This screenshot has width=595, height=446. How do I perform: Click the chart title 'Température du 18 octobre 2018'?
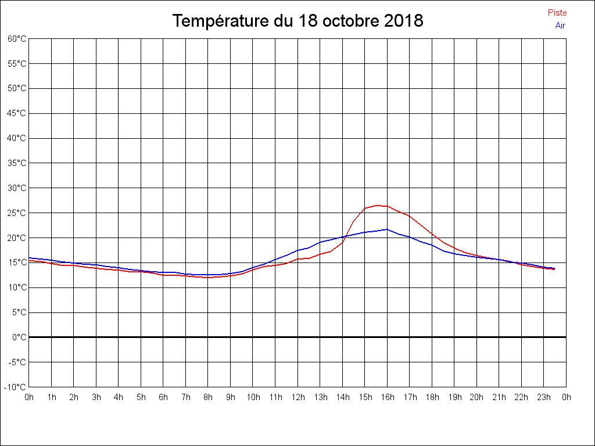pos(297,21)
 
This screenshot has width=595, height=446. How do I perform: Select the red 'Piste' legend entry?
pos(557,13)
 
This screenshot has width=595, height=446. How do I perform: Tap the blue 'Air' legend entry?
pos(560,26)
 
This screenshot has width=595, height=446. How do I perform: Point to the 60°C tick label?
pos(17,39)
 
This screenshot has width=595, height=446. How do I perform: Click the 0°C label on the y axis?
pos(19,337)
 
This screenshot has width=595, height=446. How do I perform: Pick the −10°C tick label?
pos(16,387)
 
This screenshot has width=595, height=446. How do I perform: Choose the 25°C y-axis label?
pos(17,213)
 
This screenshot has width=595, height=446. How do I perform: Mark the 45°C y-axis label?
pos(17,114)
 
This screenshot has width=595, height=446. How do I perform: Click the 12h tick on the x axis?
pos(298,398)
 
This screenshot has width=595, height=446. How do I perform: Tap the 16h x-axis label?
pos(388,398)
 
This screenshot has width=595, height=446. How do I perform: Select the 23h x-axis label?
pos(544,398)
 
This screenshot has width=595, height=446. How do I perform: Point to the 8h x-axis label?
pos(208,398)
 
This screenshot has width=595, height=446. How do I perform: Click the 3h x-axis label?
pos(96,398)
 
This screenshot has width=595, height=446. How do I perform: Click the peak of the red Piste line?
pos(377,205)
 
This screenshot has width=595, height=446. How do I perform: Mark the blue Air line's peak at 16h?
pos(387,229)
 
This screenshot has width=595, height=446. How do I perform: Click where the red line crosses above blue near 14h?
pos(347,235)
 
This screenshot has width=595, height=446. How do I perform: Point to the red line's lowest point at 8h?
pos(208,278)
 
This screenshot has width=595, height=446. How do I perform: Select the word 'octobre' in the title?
pos(351,21)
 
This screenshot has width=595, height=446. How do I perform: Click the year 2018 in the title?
pos(403,21)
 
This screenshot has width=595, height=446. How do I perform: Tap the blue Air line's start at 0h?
pos(30,258)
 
